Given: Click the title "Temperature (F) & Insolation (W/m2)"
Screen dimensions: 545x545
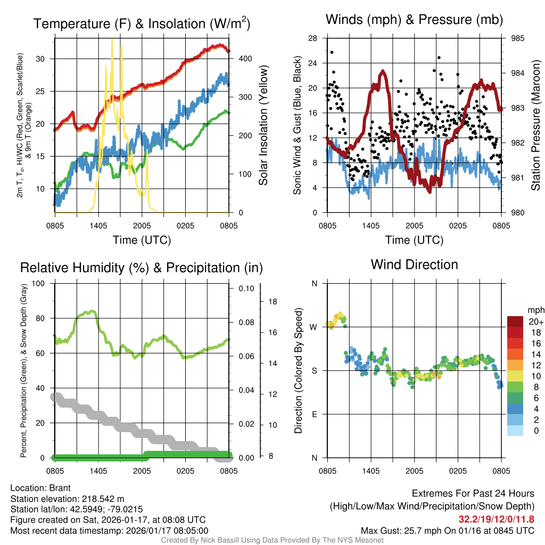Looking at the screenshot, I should pyautogui.click(x=142, y=23).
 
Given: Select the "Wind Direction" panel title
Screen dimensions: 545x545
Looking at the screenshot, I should pyautogui.click(x=414, y=264).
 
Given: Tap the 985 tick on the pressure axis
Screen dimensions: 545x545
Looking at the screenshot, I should pyautogui.click(x=517, y=38).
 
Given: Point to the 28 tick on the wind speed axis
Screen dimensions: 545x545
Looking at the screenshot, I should pyautogui.click(x=313, y=38).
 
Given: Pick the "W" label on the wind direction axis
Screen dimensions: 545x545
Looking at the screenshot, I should pyautogui.click(x=314, y=327).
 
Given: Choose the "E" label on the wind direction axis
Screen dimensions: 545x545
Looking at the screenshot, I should pyautogui.click(x=315, y=414).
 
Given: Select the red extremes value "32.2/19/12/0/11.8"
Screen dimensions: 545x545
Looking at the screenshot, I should pyautogui.click(x=496, y=518).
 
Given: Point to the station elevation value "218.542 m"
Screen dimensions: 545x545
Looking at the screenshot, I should pyautogui.click(x=103, y=499).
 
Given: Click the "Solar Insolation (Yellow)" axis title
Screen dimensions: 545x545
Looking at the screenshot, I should pyautogui.click(x=263, y=126).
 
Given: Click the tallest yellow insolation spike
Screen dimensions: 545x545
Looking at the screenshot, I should pyautogui.click(x=112, y=40).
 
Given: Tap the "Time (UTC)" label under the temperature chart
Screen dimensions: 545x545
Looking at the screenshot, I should pyautogui.click(x=142, y=240).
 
